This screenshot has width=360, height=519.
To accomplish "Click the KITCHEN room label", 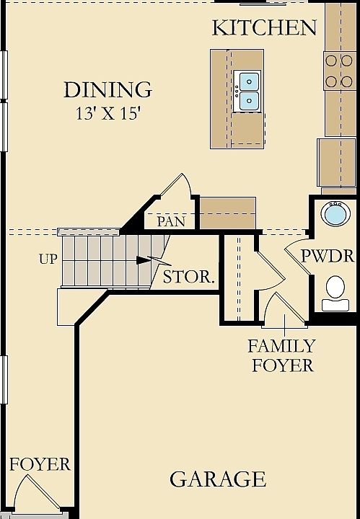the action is [264, 28].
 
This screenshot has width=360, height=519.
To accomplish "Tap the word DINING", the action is [107, 89].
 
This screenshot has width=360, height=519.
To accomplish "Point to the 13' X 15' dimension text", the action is [109, 114].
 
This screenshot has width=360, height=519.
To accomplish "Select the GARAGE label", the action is [218, 479].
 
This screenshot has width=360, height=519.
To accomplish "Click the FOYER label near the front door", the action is [40, 464].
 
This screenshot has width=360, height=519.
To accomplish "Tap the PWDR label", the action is [328, 256].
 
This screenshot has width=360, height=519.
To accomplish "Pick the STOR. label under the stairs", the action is [188, 277].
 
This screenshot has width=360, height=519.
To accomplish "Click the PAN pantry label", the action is [171, 221].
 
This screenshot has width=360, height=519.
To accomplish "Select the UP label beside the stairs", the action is [48, 259].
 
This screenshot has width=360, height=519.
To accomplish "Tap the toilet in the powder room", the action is [335, 293].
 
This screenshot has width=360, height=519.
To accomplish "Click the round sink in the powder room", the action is [335, 214].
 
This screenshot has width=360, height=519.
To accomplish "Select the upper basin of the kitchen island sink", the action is [249, 81].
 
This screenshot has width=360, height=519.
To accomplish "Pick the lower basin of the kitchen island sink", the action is [249, 100].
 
